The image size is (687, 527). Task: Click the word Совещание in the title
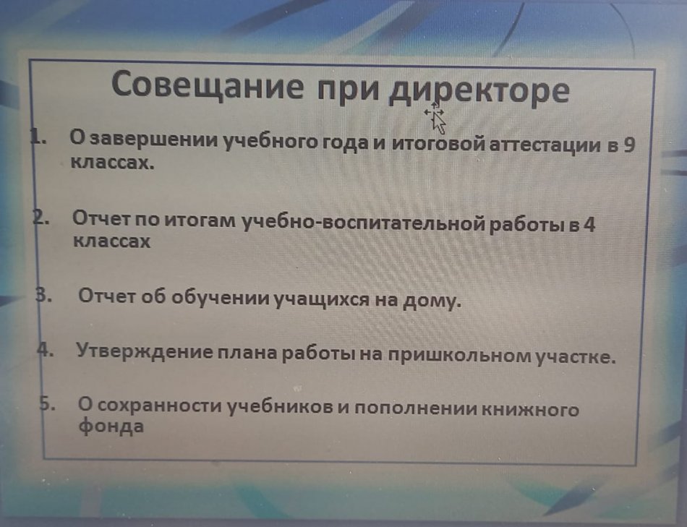pyautogui.click(x=207, y=85)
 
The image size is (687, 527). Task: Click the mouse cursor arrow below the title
pyautogui.click(x=435, y=116)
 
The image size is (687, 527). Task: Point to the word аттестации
pyautogui.click(x=544, y=145)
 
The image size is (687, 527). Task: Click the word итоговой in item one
pyautogui.click(x=438, y=144)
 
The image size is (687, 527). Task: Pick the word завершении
pyautogui.click(x=156, y=140)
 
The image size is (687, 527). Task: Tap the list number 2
pyautogui.click(x=40, y=218)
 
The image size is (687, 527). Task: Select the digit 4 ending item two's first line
pyautogui.click(x=589, y=226)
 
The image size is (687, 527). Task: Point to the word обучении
pyautogui.click(x=221, y=297)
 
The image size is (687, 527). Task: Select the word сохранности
pyautogui.click(x=160, y=406)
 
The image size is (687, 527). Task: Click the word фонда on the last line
pyautogui.click(x=111, y=426)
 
